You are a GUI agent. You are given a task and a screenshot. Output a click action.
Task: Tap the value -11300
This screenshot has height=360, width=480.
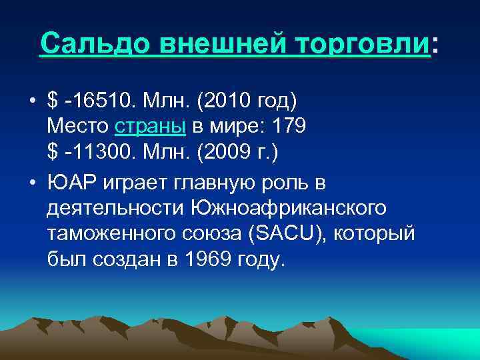(99, 151)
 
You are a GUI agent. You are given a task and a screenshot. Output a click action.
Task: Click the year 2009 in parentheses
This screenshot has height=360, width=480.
(235, 151)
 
